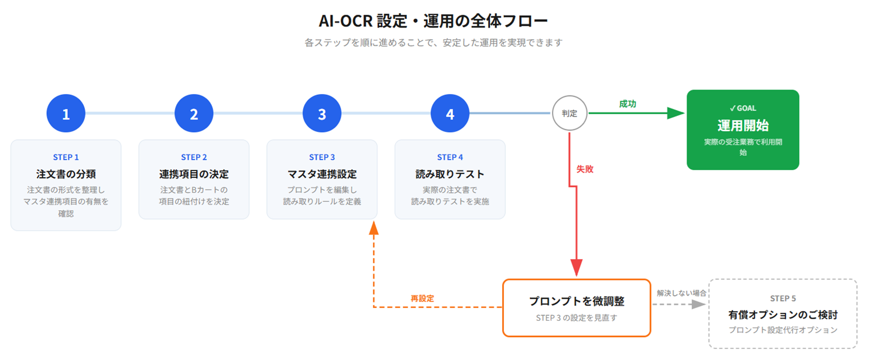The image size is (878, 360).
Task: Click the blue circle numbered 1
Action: coord(66,114)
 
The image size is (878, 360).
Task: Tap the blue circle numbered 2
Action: coord(194,114)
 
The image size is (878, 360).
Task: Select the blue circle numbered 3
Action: coord(322,114)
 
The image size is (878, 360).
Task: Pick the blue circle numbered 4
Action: coord(450,114)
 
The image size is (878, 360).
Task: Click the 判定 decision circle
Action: coord(570,114)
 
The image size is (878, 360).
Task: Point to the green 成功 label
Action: coord(627,104)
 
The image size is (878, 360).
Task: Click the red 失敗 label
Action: coord(585,169)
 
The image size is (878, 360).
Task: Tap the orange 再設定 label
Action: coord(422,298)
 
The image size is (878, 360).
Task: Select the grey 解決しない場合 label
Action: coord(681,293)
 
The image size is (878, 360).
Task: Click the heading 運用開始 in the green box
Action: coord(743,126)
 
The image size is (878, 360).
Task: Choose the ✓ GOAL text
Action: coord(743,108)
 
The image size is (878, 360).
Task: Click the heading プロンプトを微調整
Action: coord(577,301)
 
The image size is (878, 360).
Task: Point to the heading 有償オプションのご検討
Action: coord(783,314)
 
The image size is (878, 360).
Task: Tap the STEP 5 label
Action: coord(783,298)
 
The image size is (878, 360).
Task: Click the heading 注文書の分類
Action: coord(66,174)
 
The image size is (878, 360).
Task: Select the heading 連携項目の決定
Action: coord(194,174)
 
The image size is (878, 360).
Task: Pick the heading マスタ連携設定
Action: coord(322,174)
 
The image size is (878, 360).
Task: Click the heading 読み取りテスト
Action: coord(450,174)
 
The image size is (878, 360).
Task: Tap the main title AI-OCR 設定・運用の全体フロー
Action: coord(433,21)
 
